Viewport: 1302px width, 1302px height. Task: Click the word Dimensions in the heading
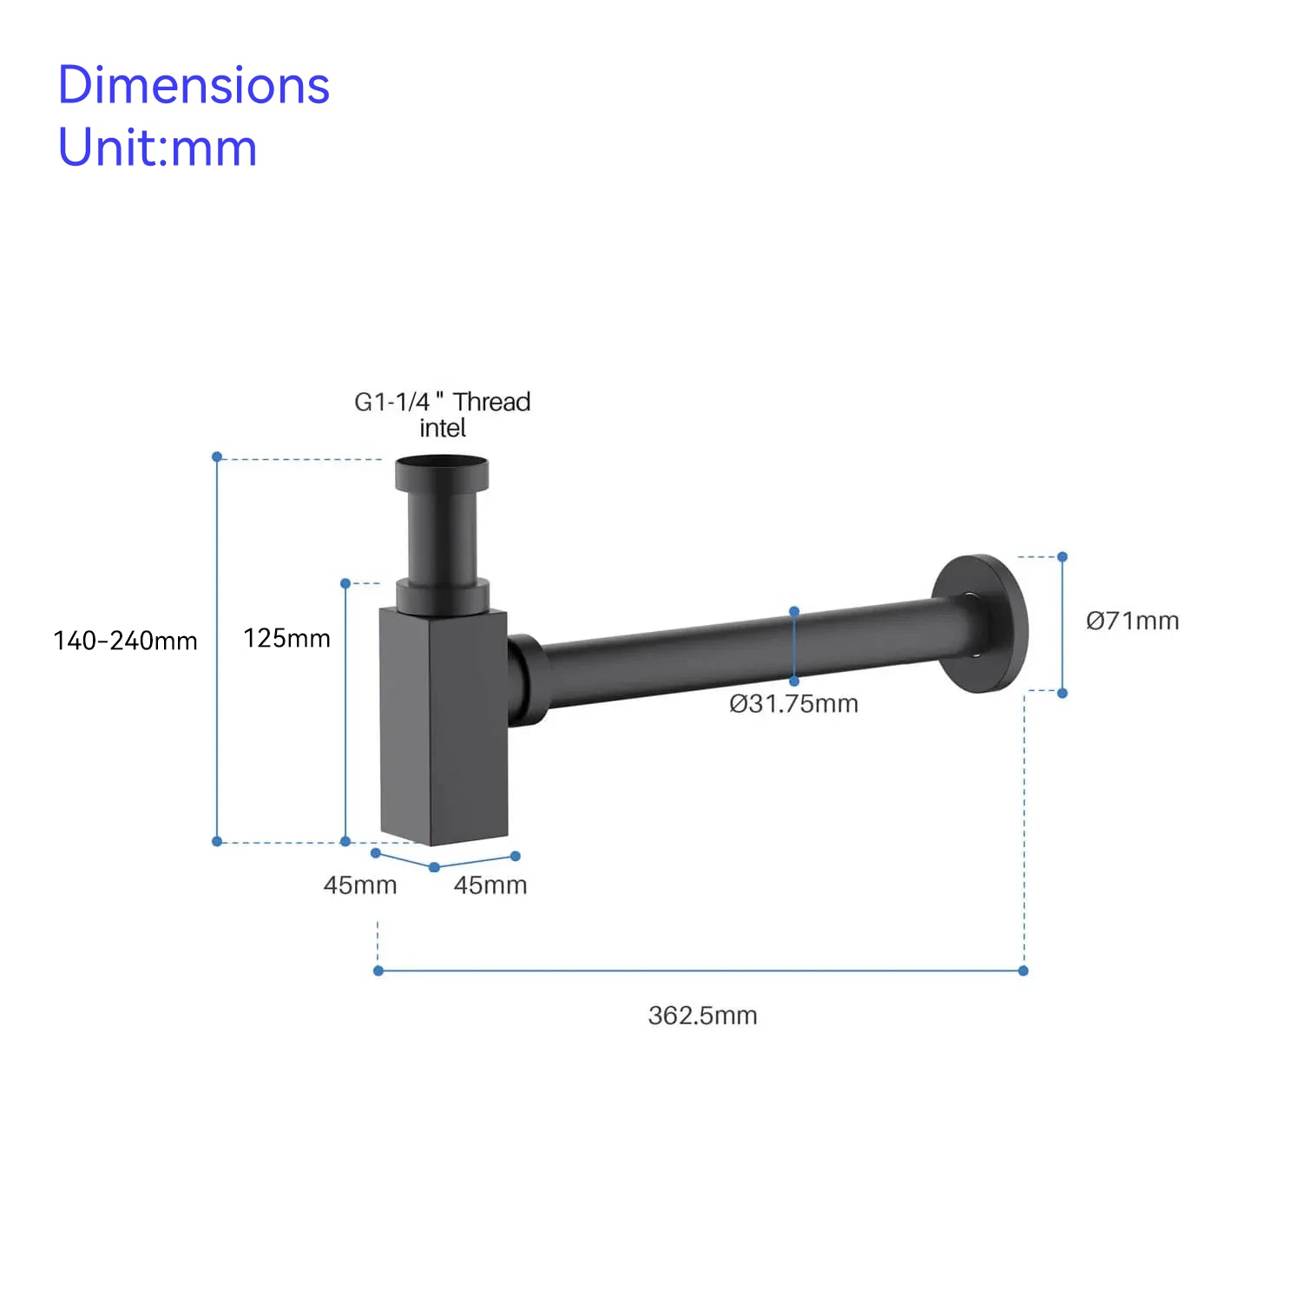194,85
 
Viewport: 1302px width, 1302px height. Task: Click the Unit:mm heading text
157,148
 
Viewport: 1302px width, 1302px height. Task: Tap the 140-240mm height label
125,641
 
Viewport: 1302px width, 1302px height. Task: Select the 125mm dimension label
286,638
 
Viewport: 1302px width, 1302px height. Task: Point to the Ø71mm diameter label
1132,621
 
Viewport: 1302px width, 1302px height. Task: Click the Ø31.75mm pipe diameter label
793,703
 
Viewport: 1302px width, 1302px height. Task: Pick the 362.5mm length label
702,1015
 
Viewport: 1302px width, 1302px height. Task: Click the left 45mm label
359,884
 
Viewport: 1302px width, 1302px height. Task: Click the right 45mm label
490,884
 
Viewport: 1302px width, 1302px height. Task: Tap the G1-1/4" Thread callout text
442,402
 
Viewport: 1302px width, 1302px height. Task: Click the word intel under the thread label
442,428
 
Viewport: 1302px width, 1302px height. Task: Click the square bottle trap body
443,725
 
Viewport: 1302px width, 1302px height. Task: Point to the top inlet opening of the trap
441,464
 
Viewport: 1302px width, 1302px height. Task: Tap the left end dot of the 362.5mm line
378,970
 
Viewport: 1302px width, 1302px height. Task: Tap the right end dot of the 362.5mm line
1023,970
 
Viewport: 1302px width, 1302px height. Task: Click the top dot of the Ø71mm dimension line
1062,556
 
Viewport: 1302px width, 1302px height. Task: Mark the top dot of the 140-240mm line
217,457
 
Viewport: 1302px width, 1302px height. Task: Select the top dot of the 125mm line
345,583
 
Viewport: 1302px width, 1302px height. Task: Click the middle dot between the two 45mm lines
434,867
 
